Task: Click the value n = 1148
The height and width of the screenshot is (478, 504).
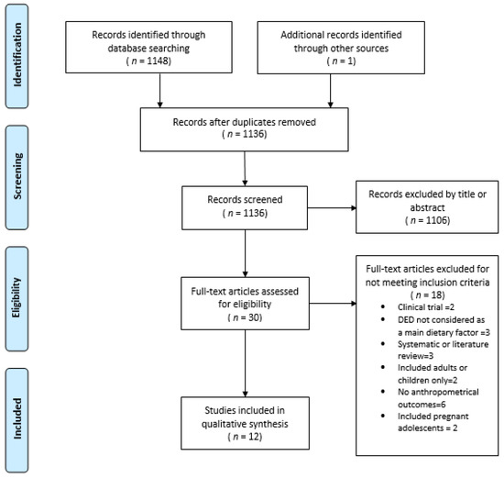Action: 159,62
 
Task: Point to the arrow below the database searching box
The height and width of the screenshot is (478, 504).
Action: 159,92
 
